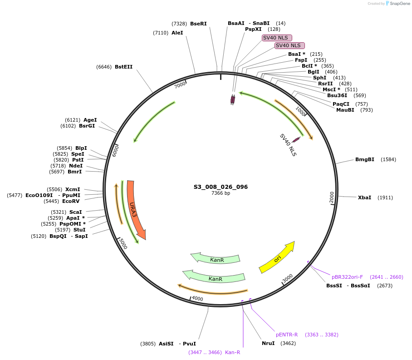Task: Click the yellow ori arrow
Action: pyautogui.click(x=277, y=258)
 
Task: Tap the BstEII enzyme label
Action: pyautogui.click(x=123, y=67)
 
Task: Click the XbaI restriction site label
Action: pyautogui.click(x=364, y=197)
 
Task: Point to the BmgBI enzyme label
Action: pyautogui.click(x=365, y=159)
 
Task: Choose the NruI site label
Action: pyautogui.click(x=268, y=343)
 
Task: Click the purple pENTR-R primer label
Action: pyautogui.click(x=287, y=335)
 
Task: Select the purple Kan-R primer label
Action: pyautogui.click(x=233, y=352)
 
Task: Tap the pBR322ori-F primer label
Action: pyautogui.click(x=347, y=277)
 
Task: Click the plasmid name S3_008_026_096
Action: pyautogui.click(x=221, y=187)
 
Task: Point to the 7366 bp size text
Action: pyautogui.click(x=221, y=193)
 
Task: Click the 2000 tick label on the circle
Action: pyautogui.click(x=332, y=197)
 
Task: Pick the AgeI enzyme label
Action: pyautogui.click(x=90, y=120)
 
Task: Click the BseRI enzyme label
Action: pyautogui.click(x=198, y=23)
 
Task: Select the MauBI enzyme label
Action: pyautogui.click(x=345, y=110)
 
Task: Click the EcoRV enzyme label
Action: pyautogui.click(x=71, y=201)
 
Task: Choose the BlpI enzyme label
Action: pyautogui.click(x=81, y=148)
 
